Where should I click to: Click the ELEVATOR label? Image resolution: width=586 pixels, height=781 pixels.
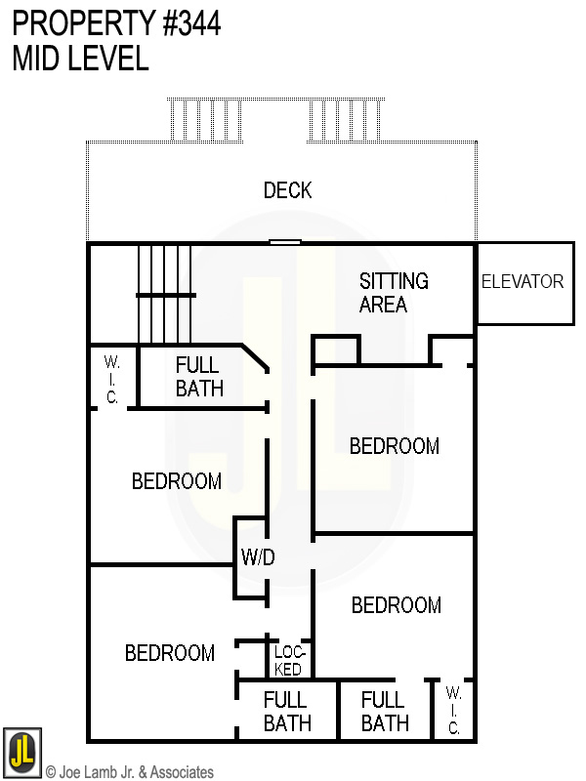pyautogui.click(x=523, y=282)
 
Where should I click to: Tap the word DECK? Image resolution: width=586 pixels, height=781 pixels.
pyautogui.click(x=287, y=190)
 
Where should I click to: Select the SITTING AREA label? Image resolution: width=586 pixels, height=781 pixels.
pyautogui.click(x=394, y=292)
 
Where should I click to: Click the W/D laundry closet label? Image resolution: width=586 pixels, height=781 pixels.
pyautogui.click(x=258, y=556)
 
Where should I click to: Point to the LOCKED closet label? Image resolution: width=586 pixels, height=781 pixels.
pyautogui.click(x=289, y=661)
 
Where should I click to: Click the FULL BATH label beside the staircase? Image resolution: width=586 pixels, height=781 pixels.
pyautogui.click(x=199, y=377)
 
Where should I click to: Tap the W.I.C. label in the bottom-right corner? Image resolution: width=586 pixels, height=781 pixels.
pyautogui.click(x=453, y=711)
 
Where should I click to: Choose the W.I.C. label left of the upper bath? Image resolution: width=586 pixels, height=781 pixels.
pyautogui.click(x=111, y=380)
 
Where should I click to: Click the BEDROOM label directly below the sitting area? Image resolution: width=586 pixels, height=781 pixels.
pyautogui.click(x=395, y=446)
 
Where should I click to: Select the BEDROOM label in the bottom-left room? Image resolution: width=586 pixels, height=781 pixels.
pyautogui.click(x=169, y=653)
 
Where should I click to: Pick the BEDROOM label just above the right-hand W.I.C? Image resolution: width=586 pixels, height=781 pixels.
pyautogui.click(x=397, y=605)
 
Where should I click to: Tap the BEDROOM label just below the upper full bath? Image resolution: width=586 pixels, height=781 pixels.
pyautogui.click(x=177, y=481)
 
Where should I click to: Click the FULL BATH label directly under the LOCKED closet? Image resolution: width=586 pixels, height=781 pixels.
pyautogui.click(x=287, y=712)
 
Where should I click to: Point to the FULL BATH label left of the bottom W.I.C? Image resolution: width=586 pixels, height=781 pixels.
pyautogui.click(x=385, y=712)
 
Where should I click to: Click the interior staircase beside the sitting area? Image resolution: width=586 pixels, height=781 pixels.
pyautogui.click(x=165, y=294)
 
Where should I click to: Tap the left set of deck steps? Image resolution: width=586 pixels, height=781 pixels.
pyautogui.click(x=206, y=120)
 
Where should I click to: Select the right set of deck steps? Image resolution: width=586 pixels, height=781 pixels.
pyautogui.click(x=345, y=120)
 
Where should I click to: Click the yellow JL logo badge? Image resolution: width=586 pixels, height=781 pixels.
pyautogui.click(x=21, y=752)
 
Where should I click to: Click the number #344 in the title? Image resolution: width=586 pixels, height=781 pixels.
pyautogui.click(x=191, y=23)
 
